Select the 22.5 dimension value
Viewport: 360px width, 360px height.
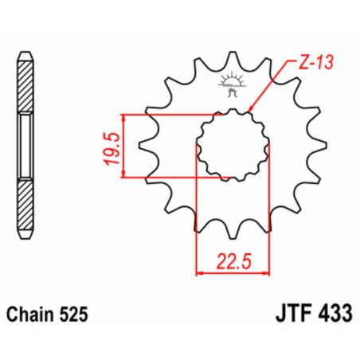click(232, 260)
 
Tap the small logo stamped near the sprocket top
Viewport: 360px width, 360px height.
click(232, 87)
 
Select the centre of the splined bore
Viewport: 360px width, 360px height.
click(232, 145)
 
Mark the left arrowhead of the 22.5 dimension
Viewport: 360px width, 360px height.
click(199, 272)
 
